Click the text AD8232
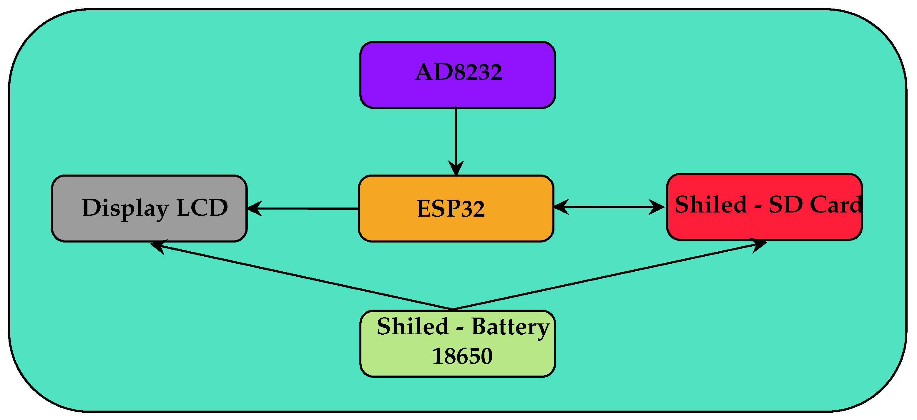tap(458, 72)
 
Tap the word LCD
tap(202, 207)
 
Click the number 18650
tap(462, 356)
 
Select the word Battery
tap(511, 327)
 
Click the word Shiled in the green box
tap(413, 326)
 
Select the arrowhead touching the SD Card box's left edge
tap(657, 207)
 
